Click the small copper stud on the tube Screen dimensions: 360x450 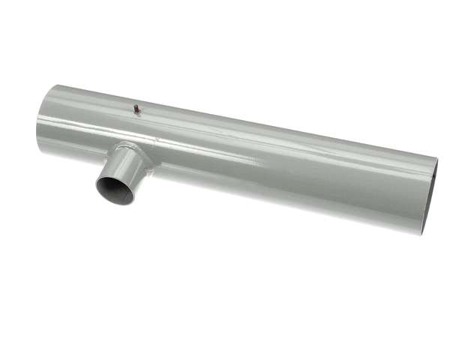[136, 108]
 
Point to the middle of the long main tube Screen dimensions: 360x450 [247, 161]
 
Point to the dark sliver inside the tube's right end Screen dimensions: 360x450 [434, 196]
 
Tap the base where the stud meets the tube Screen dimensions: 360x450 [136, 112]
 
